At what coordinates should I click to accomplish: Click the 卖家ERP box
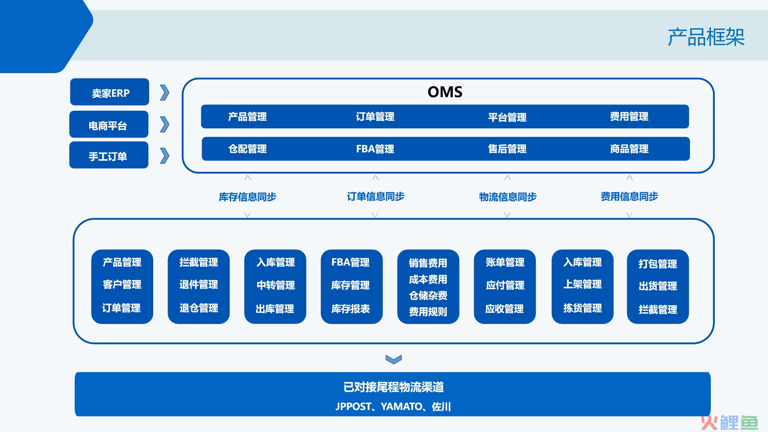(x=110, y=92)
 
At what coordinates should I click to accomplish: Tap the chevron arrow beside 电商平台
(x=164, y=124)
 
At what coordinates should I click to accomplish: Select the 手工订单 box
(x=109, y=155)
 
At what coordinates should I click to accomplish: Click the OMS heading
(x=445, y=92)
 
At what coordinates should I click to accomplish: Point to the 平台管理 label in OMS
(x=507, y=117)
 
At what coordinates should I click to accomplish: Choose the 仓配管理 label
(x=248, y=149)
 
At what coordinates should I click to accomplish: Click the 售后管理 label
(x=507, y=149)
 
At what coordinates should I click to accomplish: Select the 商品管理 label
(x=629, y=149)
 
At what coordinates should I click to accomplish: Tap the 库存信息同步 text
(x=248, y=197)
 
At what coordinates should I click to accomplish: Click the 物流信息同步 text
(x=508, y=197)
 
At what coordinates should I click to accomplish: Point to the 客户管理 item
(x=122, y=284)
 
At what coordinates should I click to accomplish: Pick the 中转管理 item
(x=276, y=285)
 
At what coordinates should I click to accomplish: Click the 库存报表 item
(x=350, y=309)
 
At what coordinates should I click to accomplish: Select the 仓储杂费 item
(x=428, y=296)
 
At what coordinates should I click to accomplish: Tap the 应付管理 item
(x=505, y=285)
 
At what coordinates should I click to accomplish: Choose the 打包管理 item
(x=658, y=264)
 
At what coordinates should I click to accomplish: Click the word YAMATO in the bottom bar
(x=402, y=407)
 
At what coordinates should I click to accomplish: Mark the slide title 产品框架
(x=706, y=37)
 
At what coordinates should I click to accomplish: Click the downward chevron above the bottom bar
(x=394, y=359)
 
